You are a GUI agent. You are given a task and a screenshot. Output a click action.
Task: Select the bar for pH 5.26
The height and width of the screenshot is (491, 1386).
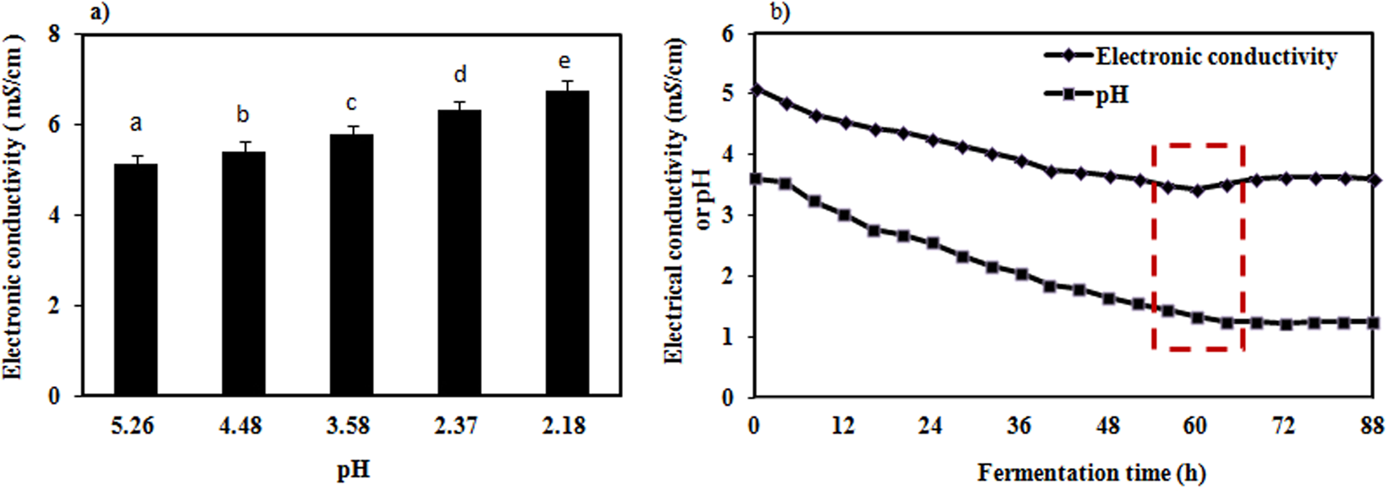(x=135, y=279)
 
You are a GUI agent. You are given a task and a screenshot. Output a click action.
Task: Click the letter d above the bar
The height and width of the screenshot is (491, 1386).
(x=460, y=75)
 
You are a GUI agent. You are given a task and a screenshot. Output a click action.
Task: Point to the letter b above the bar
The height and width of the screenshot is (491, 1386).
(x=243, y=115)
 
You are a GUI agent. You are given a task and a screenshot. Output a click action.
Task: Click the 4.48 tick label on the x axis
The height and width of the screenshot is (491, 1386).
(x=243, y=425)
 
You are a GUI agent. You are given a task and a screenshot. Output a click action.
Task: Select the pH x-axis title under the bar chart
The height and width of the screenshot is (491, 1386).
(x=353, y=469)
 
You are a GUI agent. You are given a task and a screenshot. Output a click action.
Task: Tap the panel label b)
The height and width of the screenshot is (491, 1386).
(x=779, y=13)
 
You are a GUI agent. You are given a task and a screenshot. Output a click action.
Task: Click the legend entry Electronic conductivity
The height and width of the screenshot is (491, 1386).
(x=1215, y=57)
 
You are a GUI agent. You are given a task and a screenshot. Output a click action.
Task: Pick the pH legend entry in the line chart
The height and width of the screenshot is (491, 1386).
(x=1112, y=95)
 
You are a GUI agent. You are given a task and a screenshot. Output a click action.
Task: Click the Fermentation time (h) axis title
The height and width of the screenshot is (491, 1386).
(x=1091, y=472)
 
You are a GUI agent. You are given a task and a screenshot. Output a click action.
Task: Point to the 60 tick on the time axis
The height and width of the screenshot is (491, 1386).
(x=1194, y=425)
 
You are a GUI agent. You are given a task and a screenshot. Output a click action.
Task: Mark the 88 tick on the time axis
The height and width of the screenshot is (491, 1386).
(x=1371, y=425)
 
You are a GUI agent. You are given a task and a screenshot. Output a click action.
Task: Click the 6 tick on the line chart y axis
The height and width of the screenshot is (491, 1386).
(x=728, y=34)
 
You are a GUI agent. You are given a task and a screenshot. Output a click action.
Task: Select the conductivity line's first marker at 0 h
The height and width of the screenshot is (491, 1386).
(x=756, y=88)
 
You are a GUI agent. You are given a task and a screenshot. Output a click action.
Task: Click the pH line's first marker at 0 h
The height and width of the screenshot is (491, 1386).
(x=756, y=178)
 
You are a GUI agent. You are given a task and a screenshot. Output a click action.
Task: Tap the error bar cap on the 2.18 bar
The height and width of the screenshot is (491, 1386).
(x=566, y=81)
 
